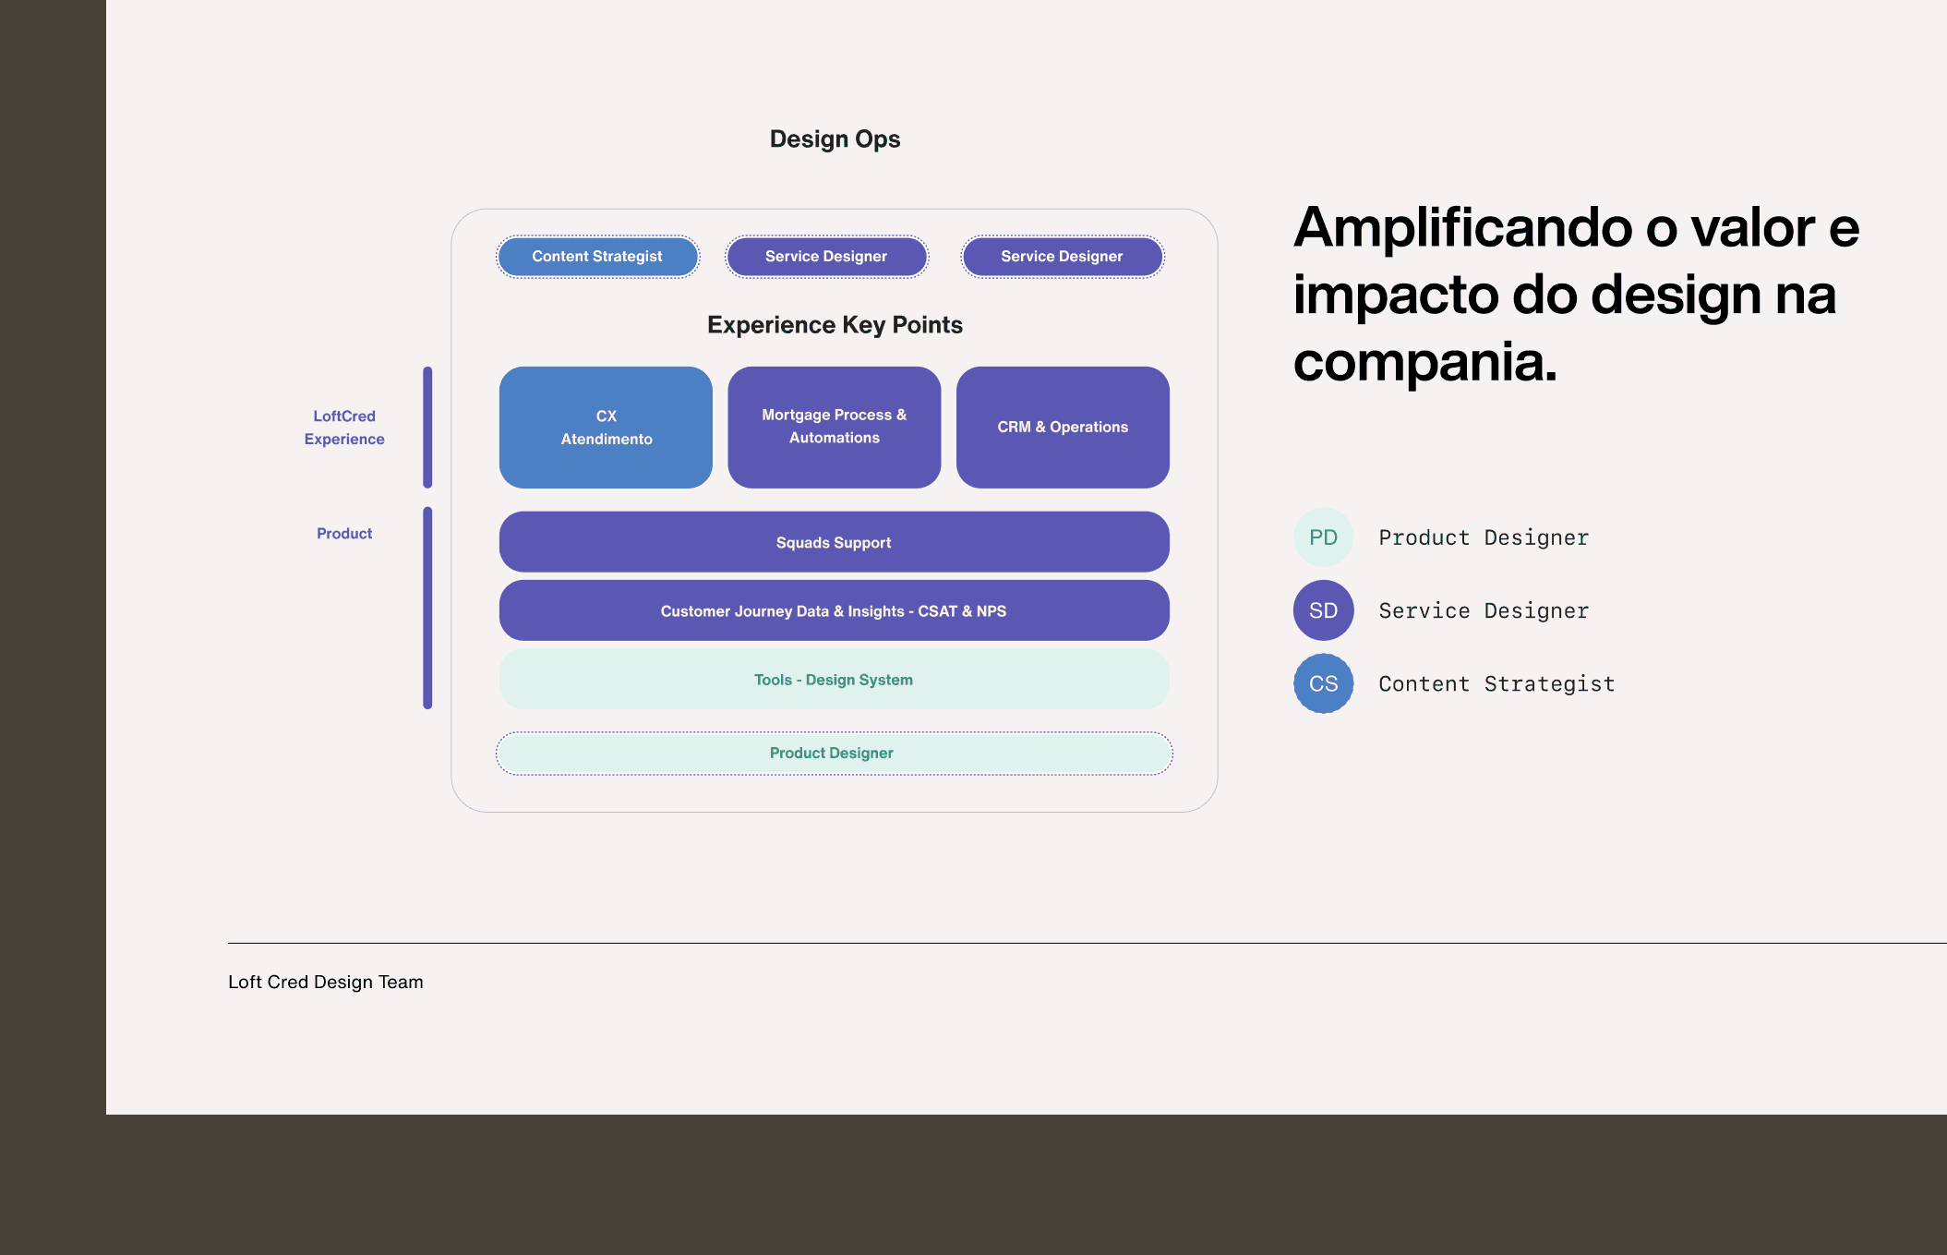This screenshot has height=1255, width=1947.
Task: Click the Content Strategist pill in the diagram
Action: click(597, 257)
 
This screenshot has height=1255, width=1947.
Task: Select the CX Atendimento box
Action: click(606, 428)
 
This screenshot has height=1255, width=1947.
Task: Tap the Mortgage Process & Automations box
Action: click(834, 428)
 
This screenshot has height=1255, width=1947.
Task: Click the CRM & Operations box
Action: click(1063, 428)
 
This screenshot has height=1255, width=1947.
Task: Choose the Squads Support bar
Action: click(834, 542)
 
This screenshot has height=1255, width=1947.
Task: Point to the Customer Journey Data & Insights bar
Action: click(834, 610)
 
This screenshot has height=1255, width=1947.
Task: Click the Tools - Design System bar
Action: click(834, 680)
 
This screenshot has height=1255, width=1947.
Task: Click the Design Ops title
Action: click(835, 139)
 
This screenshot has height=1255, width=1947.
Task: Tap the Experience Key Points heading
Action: click(835, 325)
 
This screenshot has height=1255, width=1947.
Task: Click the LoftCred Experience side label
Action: click(344, 428)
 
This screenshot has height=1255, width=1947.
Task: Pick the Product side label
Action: click(344, 534)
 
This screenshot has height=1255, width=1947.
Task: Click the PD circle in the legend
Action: click(1323, 537)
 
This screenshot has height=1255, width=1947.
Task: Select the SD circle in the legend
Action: click(1323, 610)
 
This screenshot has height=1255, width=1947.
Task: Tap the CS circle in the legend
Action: click(1323, 683)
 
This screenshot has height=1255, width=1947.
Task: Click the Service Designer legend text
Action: click(1484, 610)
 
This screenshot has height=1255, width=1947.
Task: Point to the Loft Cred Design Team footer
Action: click(326, 983)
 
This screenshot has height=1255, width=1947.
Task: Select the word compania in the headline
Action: click(1424, 362)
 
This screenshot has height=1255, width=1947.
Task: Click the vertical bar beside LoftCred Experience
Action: click(427, 428)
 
